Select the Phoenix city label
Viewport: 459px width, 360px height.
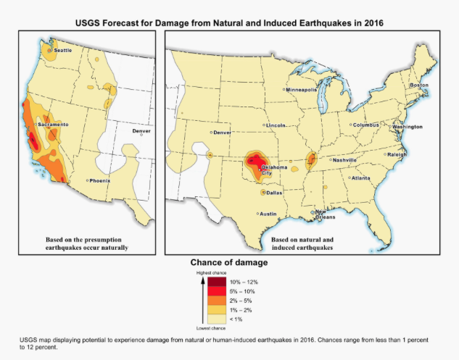(99, 180)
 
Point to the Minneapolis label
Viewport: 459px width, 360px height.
(302, 90)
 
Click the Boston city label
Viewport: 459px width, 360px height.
(420, 85)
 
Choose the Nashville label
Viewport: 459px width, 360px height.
(344, 159)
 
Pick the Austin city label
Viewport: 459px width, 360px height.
(269, 214)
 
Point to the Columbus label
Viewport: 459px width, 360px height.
(365, 125)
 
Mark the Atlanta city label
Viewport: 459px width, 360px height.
(360, 177)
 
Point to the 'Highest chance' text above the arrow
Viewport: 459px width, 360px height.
(207, 272)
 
